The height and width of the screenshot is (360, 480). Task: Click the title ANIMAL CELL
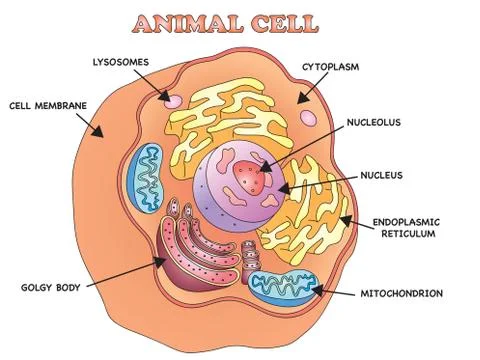coord(239,22)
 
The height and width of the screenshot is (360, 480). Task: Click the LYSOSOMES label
coord(122,62)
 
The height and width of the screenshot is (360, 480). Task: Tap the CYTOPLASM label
coord(332,69)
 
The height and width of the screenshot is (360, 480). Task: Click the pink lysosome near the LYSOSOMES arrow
coord(174,101)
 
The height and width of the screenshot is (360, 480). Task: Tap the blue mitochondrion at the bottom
coord(283,288)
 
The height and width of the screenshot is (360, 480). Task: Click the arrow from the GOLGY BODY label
coord(125,274)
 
